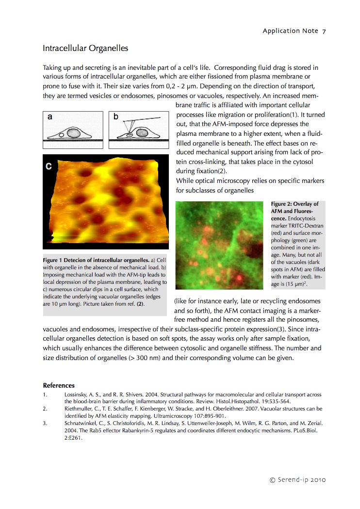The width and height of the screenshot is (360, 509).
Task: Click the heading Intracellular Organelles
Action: click(85, 49)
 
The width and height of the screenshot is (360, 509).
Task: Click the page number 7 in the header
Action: click(324, 31)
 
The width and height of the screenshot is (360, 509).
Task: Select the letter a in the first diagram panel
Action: click(50, 117)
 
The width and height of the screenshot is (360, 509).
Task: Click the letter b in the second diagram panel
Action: click(116, 117)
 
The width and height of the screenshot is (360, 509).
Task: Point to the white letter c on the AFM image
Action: click(49, 166)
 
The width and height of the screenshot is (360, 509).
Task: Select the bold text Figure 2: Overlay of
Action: click(295, 204)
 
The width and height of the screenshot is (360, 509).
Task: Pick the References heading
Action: click(59, 385)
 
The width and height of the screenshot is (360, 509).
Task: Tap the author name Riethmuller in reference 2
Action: click(79, 409)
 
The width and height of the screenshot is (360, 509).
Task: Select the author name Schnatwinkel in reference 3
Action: click(81, 423)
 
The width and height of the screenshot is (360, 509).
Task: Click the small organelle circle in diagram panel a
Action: click(62, 135)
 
